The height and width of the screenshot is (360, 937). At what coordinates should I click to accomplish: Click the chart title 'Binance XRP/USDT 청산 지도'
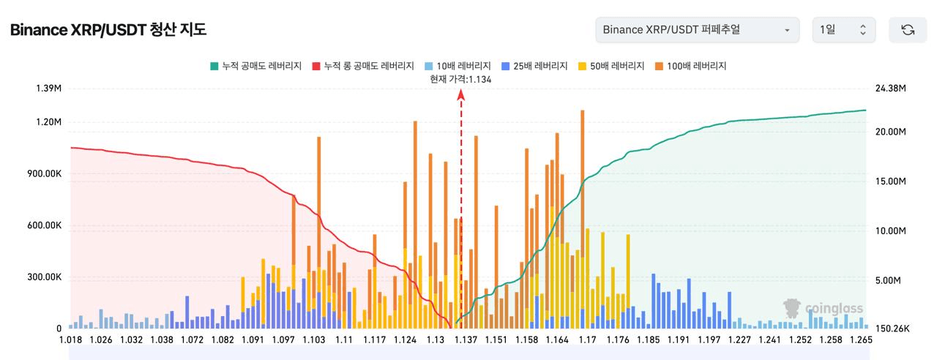coord(108,30)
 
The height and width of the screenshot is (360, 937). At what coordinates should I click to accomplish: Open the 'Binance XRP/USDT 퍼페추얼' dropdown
coord(698,30)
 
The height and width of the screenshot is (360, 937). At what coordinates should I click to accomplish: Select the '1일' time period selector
coord(844,30)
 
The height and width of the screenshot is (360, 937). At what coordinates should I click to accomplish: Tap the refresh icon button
coord(908,30)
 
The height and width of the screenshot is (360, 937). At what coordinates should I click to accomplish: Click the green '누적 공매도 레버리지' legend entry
coord(256,66)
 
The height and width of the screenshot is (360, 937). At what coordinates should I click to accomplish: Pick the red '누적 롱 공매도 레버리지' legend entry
coord(363,66)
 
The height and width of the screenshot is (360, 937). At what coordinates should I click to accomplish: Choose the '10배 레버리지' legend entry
coord(458,66)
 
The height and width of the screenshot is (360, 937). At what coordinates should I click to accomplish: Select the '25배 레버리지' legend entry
coord(534,66)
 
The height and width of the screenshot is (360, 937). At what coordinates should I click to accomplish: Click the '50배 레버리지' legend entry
coord(611,66)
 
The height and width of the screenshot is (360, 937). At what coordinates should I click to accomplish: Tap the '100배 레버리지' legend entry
coord(690,66)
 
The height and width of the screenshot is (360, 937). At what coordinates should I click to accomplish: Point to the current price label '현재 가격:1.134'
coord(460,79)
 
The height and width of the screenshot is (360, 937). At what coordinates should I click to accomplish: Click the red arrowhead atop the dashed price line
coord(461,95)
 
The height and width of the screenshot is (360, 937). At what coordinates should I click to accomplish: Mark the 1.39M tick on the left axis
coord(48,89)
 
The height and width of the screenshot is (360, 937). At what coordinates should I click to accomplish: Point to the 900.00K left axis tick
coord(45,173)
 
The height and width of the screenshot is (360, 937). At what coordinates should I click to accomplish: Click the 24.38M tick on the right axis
coord(891,89)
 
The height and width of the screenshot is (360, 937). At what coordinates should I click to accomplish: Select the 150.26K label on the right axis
coord(892,329)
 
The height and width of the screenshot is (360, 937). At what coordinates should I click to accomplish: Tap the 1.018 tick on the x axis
coord(71,340)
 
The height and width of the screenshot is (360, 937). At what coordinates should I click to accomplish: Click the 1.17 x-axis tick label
coord(587,340)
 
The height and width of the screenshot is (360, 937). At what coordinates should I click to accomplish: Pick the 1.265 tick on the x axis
coord(861,340)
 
